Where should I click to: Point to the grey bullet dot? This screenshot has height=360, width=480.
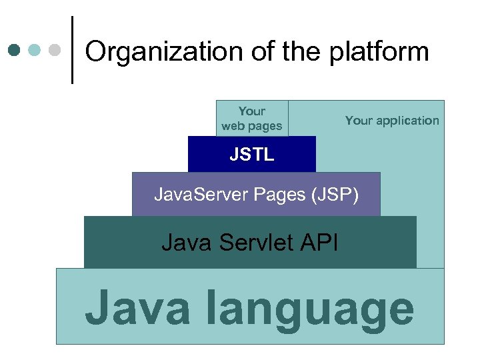pos(55,50)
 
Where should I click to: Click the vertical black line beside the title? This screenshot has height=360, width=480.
pos(72,50)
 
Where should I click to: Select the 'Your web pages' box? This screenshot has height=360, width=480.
pos(252,118)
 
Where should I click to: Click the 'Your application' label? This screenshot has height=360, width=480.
pos(392,121)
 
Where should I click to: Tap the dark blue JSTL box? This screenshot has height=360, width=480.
pos(251,155)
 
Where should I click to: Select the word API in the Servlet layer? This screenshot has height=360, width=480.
pos(318,242)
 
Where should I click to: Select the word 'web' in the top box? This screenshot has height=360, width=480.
pos(233,126)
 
